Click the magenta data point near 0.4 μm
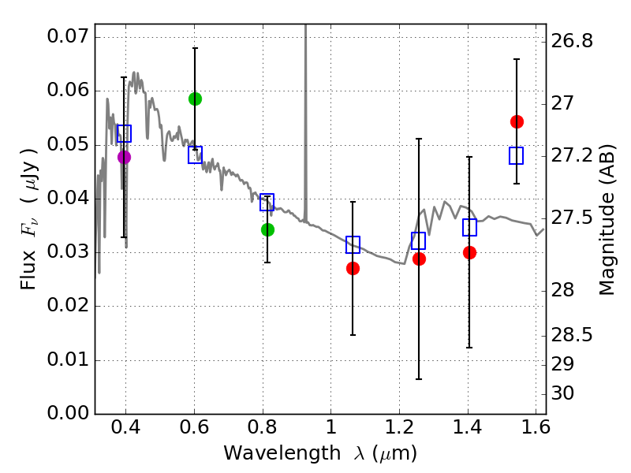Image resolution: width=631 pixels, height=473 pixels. pos(124,157)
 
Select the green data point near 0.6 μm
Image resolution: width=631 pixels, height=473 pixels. pos(195,99)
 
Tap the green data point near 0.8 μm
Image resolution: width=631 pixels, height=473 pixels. pos(267,229)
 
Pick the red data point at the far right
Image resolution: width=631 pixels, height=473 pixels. pos(517,121)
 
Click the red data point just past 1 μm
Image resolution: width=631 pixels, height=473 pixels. pos(353,268)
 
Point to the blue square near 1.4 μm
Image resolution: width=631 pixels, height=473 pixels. pos(470,228)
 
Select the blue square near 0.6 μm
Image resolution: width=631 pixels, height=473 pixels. pos(195,155)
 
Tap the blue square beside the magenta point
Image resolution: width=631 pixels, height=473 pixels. pos(124,133)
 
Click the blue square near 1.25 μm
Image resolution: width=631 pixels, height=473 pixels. pos(419,240)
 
